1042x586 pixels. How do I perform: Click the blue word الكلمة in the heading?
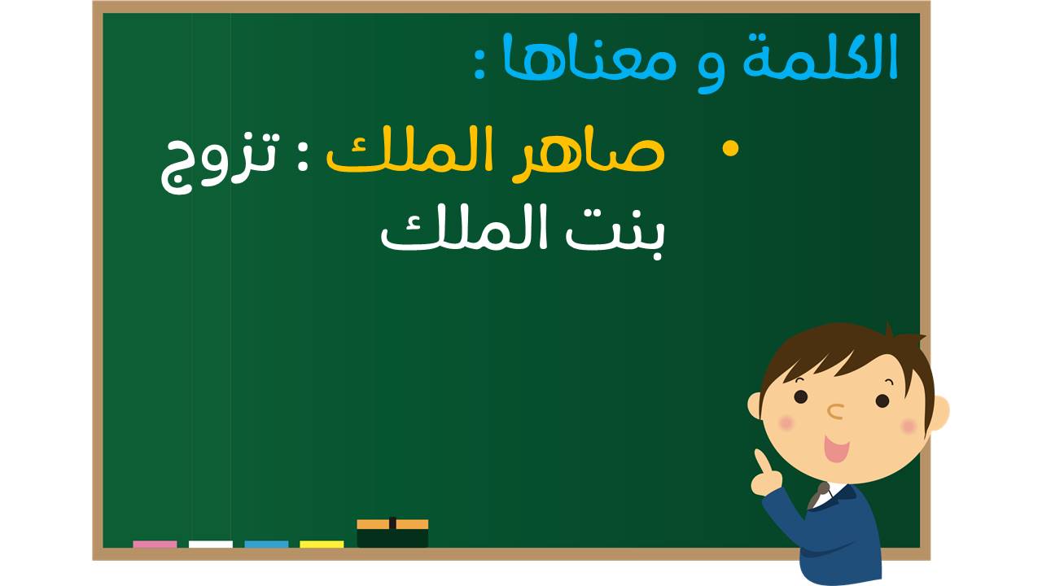819,55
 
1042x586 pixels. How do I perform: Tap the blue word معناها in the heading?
589,57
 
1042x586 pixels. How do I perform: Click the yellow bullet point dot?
730,149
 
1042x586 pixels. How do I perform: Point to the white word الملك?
468,228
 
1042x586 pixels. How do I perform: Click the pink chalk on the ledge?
155,544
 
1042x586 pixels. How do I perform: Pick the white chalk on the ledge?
211,544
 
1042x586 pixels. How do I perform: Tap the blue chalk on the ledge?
266,544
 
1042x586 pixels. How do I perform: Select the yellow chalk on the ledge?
322,544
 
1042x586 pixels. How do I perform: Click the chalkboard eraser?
392,533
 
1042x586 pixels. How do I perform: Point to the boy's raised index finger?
761,461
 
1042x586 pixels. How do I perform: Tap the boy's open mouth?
836,448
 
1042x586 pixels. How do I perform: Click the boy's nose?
836,411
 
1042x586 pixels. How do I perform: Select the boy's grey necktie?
818,496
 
